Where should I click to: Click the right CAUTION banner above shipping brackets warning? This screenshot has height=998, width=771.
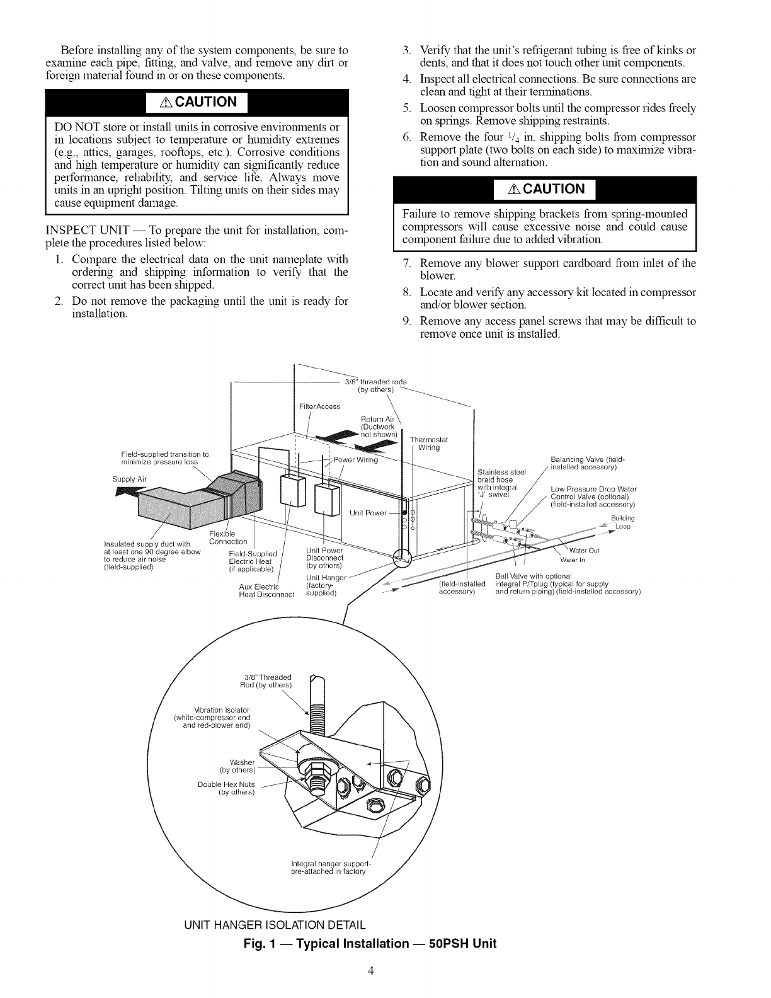tap(545, 189)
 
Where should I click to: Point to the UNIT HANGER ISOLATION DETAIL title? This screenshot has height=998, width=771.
tap(274, 926)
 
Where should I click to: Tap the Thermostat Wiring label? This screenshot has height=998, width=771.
tap(431, 444)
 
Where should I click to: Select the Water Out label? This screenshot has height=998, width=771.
tap(584, 550)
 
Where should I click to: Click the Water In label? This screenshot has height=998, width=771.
tap(573, 559)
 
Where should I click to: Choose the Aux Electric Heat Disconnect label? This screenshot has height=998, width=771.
tap(266, 591)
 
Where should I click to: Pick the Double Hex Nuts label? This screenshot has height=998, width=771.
tap(227, 788)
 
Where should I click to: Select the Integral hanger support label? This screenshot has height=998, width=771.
tap(329, 867)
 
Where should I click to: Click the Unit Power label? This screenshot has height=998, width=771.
tap(368, 512)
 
